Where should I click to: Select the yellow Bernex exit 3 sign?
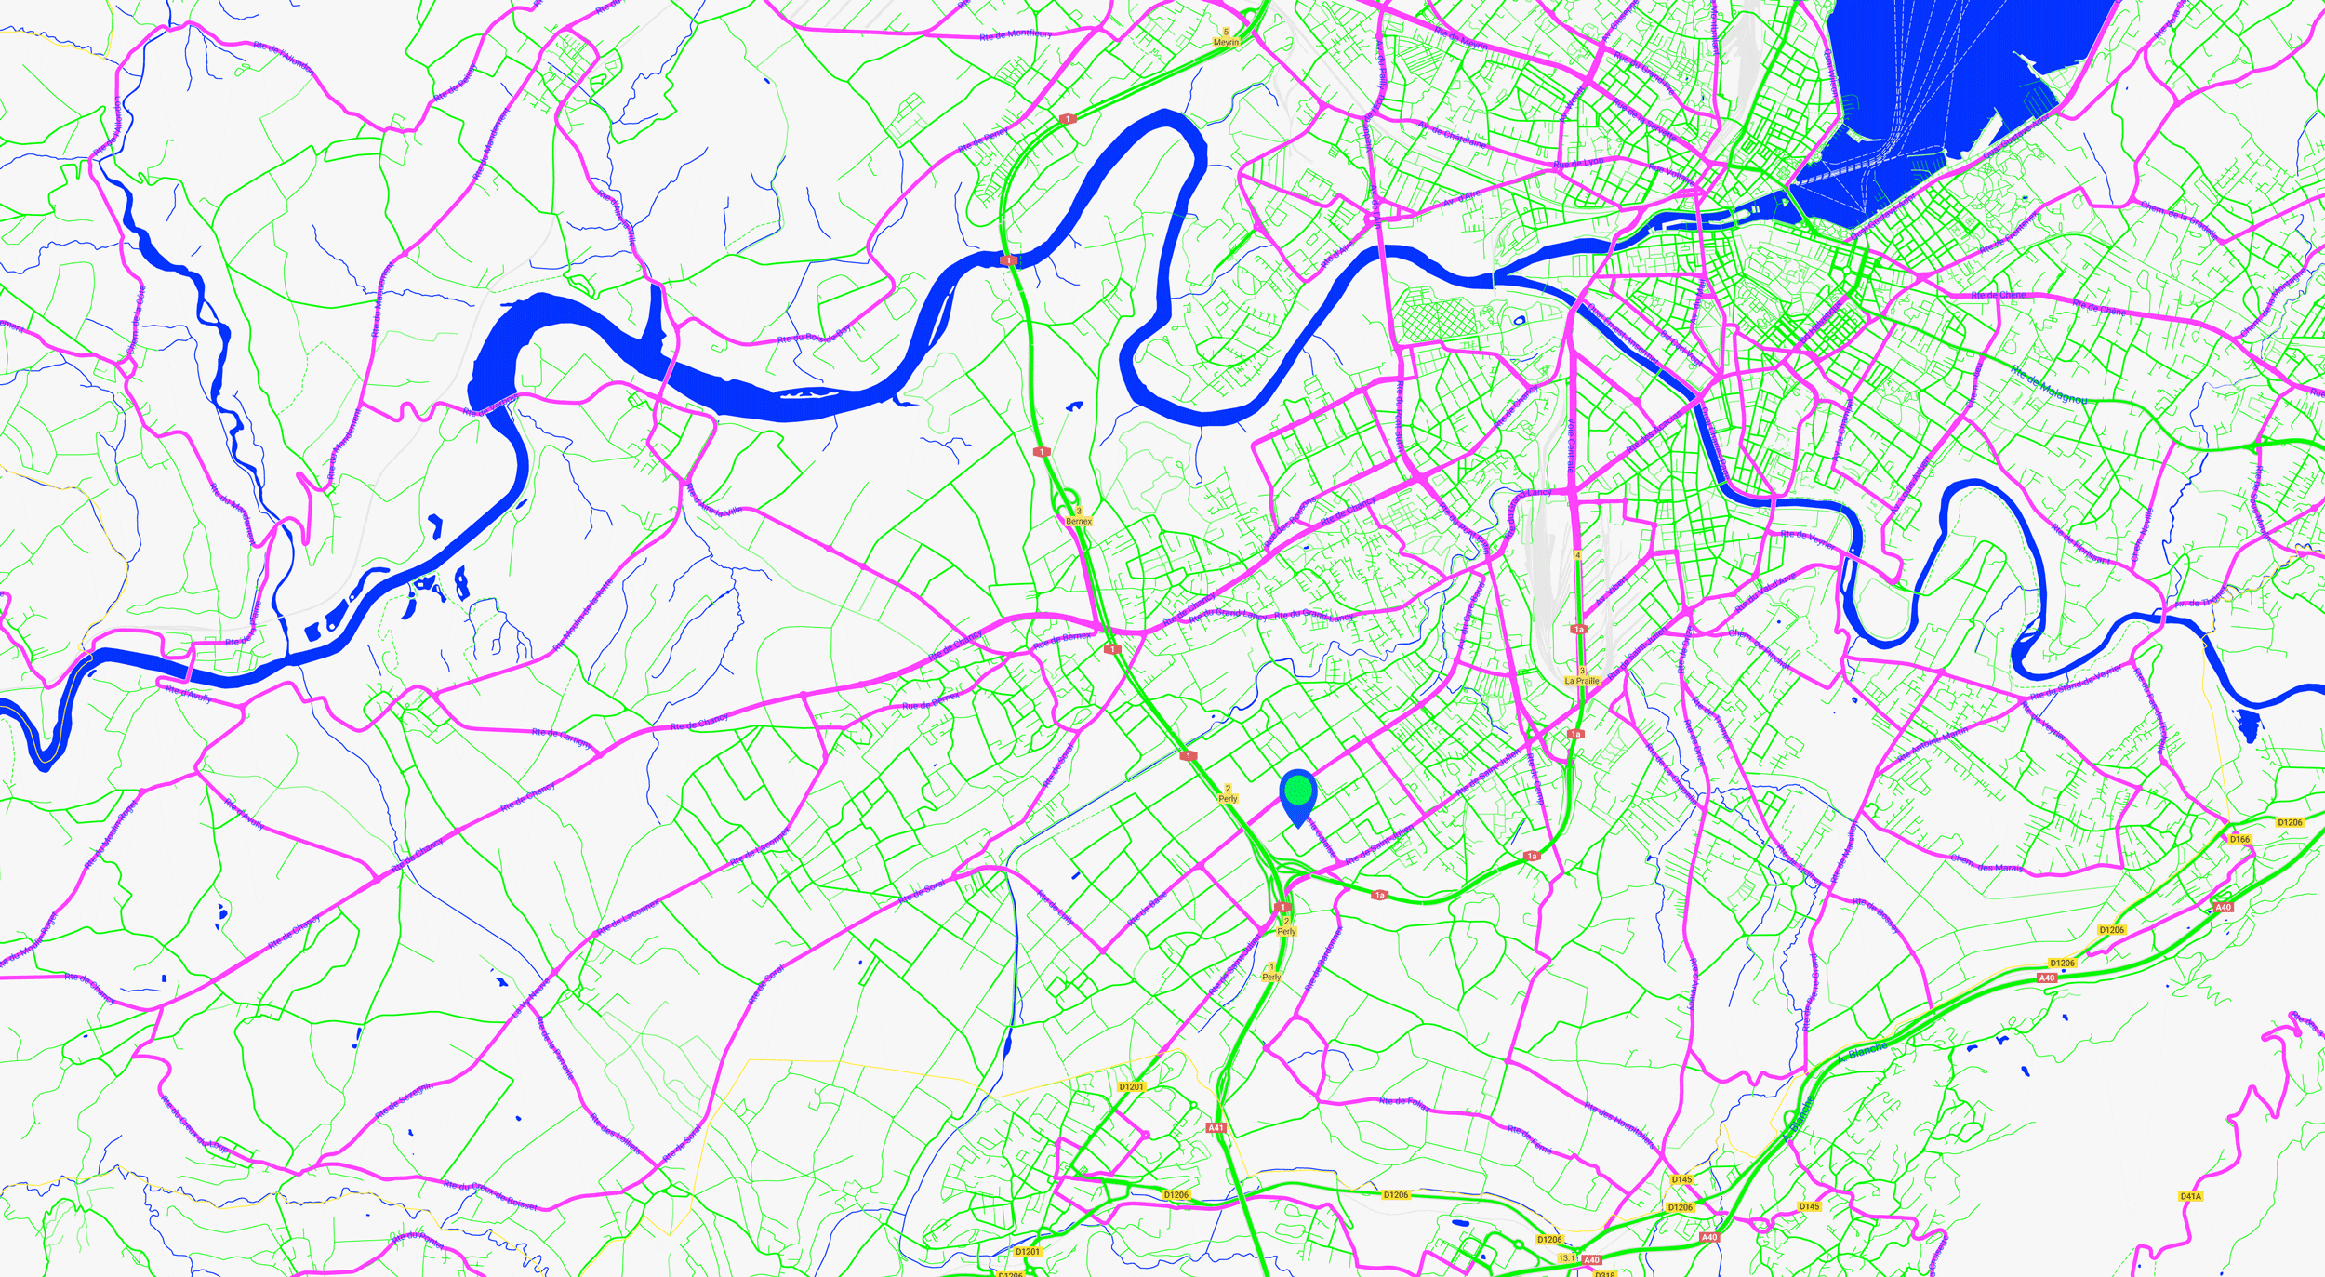click(1079, 516)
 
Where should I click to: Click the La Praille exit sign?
click(1582, 676)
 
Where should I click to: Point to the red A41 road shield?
click(1216, 1127)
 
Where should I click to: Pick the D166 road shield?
click(2239, 839)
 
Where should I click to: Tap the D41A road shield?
click(2190, 1196)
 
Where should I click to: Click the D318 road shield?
click(1605, 1273)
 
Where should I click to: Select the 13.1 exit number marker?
click(1567, 1258)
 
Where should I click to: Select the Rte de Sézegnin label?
click(404, 1101)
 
